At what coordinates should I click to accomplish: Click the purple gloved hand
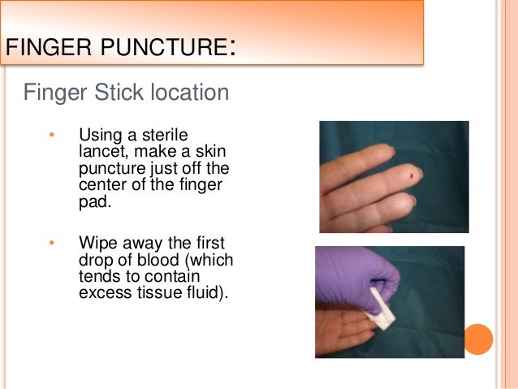357,276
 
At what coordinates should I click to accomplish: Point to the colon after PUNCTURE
233,49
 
